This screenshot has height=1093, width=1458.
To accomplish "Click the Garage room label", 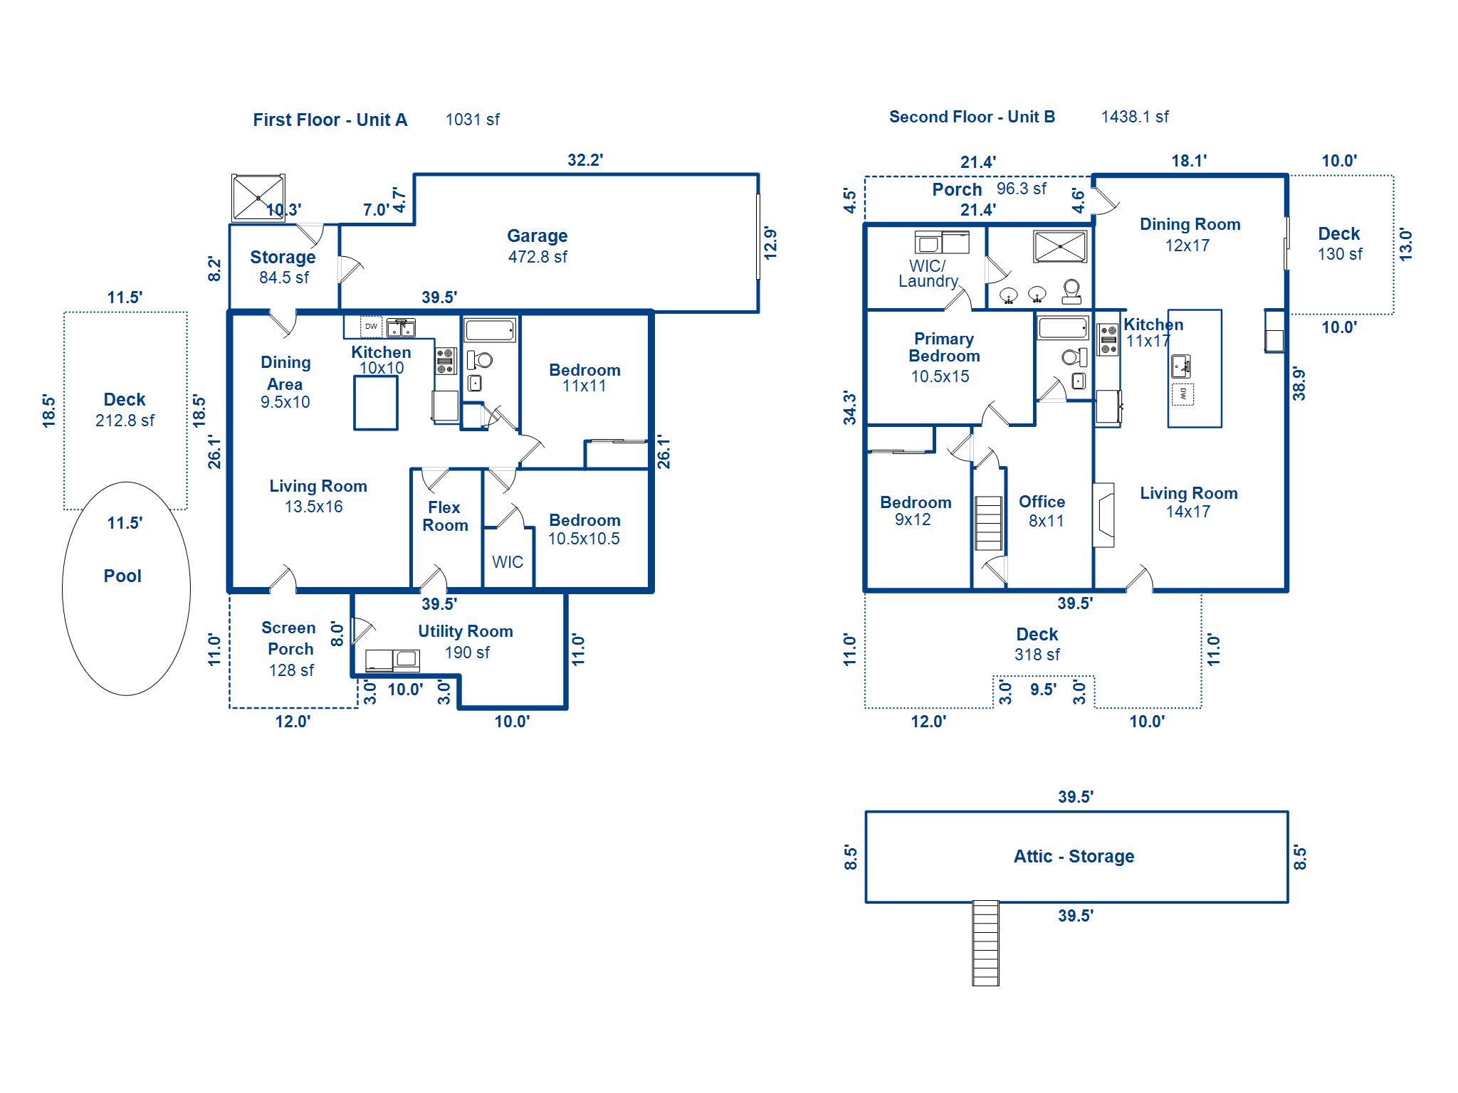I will [537, 236].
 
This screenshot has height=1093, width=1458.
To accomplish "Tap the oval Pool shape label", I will [122, 576].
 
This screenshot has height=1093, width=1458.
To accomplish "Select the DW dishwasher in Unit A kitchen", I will [371, 327].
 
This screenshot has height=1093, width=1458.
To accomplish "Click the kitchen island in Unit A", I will [376, 403].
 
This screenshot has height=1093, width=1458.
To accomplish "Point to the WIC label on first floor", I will [508, 562].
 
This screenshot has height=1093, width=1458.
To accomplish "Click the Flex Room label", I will [445, 517].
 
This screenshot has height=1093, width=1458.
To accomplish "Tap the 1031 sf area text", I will [472, 120].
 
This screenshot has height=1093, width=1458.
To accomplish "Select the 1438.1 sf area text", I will [1134, 117].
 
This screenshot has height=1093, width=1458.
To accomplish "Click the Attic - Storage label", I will [1074, 856].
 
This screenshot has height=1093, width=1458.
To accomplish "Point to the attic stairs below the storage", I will [985, 944].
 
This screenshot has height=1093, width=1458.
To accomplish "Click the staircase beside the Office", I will [988, 523].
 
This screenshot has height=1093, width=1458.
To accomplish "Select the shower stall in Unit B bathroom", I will [1061, 246].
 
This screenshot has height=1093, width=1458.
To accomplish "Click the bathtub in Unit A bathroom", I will [490, 330].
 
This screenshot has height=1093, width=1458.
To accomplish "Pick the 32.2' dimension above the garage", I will [584, 160].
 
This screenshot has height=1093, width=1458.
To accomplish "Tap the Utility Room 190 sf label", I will [466, 641].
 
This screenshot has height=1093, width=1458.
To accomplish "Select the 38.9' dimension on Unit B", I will [1299, 384].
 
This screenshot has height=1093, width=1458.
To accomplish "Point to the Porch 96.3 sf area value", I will [1021, 189].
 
